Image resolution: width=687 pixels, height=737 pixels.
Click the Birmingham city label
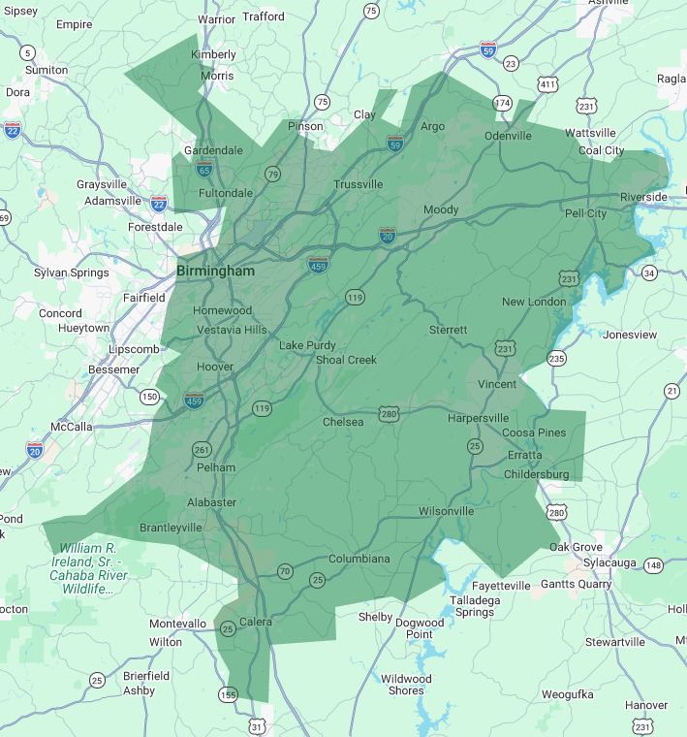pyautogui.click(x=215, y=272)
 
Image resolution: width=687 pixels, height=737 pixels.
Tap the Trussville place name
pyautogui.click(x=358, y=184)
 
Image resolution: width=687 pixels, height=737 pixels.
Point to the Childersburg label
pyautogui.click(x=536, y=474)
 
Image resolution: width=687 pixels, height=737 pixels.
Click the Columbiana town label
pyautogui.click(x=359, y=559)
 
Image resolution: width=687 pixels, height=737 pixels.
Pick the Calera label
pyautogui.click(x=256, y=622)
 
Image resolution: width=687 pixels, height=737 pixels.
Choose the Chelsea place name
pyautogui.click(x=343, y=422)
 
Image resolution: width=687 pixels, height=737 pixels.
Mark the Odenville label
pyautogui.click(x=508, y=136)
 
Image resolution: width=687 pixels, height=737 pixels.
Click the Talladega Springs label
pyautogui.click(x=474, y=605)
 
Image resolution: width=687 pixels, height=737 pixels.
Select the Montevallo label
pyautogui.click(x=177, y=624)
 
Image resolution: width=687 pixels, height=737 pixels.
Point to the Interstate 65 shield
pyautogui.click(x=203, y=169)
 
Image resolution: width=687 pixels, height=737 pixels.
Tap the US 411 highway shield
pyautogui.click(x=548, y=85)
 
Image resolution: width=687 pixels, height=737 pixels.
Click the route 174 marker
pyautogui.click(x=502, y=103)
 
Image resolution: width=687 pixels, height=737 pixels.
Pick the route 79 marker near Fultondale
pyautogui.click(x=273, y=175)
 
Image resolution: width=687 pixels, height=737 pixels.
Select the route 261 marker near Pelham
pyautogui.click(x=202, y=449)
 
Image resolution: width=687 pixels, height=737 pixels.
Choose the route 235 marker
pyautogui.click(x=556, y=359)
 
